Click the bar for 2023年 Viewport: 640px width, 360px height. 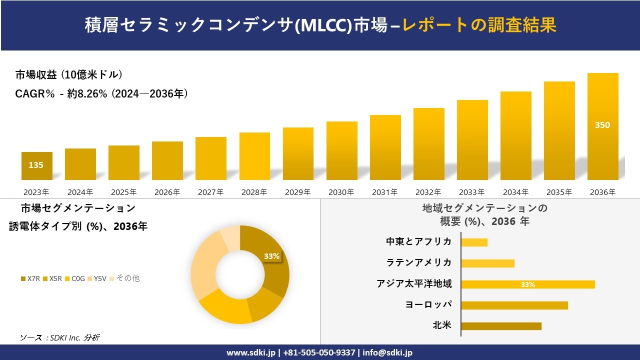coord(36,166)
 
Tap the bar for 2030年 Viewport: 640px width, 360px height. coord(342,150)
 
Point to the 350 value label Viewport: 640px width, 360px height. coord(602,125)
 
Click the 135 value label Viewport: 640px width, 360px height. coord(36,165)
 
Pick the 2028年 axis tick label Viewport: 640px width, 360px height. coord(254,192)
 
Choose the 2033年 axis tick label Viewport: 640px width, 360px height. coord(472,192)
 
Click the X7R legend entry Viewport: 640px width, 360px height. coord(30,278)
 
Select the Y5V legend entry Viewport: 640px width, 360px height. coord(97,278)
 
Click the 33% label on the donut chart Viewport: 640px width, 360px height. coord(271,256)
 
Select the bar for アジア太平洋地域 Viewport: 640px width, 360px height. coord(528,284)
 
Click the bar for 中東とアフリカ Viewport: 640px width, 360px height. coord(474,242)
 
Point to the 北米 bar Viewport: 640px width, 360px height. coord(501,326)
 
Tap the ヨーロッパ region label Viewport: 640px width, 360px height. coord(428,305)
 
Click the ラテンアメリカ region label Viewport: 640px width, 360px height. coord(418,262)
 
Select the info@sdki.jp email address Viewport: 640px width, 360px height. coord(387,352)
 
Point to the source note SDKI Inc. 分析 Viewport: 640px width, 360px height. coord(60,338)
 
